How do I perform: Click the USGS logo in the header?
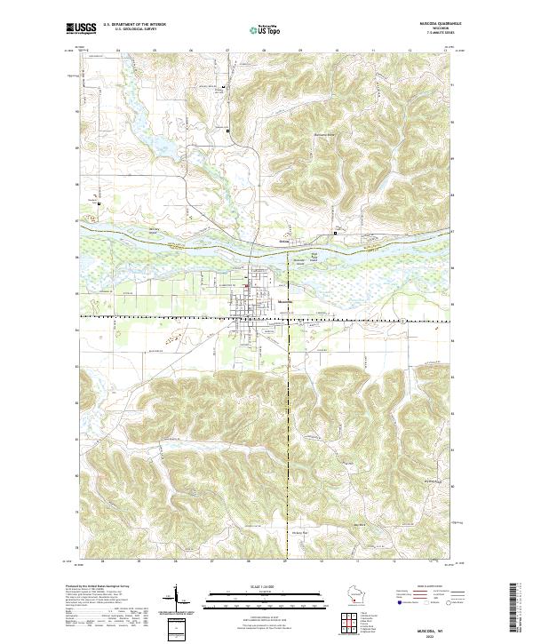(x=81, y=28)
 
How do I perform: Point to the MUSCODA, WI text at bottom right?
(x=437, y=627)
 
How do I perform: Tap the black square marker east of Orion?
(x=335, y=234)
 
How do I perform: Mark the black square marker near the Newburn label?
(x=99, y=204)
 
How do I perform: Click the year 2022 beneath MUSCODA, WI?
(x=437, y=634)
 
